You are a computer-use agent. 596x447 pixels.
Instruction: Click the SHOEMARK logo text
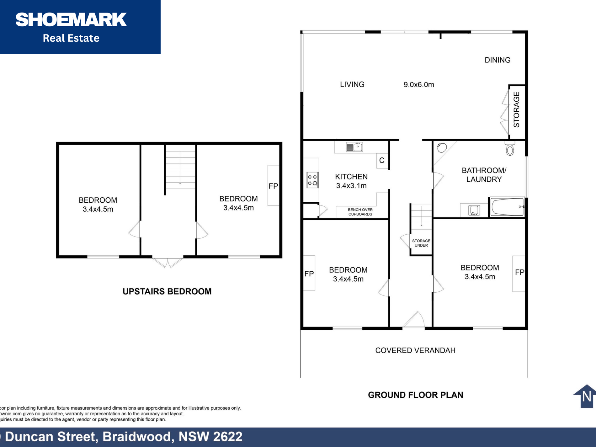71,19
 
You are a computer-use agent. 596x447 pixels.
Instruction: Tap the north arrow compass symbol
585,396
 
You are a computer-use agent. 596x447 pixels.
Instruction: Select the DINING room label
498,60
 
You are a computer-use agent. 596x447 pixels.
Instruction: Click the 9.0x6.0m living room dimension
419,84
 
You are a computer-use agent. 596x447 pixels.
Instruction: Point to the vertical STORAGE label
516,109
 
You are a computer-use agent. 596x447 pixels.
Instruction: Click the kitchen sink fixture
354,147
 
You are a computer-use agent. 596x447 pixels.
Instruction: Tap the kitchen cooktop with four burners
312,180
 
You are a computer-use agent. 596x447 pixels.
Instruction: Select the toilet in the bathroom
510,148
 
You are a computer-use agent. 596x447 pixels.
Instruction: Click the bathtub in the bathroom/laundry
507,207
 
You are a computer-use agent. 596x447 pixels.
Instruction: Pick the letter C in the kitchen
382,160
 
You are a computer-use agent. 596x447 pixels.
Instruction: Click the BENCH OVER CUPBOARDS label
360,212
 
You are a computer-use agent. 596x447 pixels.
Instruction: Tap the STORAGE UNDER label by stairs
421,243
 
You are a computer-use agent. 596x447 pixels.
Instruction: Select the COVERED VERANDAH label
415,350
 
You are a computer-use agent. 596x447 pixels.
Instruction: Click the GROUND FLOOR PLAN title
416,395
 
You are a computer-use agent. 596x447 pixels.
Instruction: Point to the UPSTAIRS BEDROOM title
167,291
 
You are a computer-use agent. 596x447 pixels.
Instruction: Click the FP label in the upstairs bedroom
273,186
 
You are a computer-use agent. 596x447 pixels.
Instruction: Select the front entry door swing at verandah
414,319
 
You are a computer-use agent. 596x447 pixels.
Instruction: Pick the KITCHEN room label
351,177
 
